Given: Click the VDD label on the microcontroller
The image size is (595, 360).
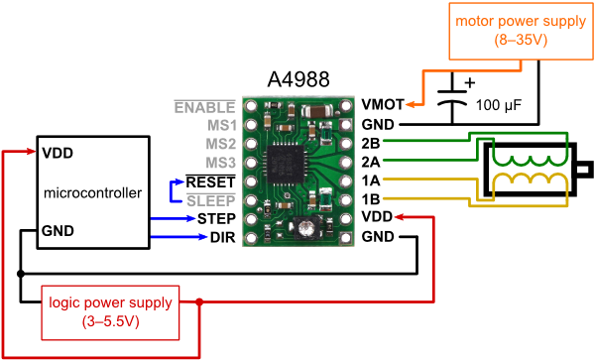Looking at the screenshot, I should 58,154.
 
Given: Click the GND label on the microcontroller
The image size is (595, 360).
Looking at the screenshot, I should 59,231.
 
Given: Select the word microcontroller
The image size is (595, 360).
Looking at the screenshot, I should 92,192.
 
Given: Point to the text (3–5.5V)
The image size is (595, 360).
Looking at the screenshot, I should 110,321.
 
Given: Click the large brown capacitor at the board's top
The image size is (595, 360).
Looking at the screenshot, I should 320,111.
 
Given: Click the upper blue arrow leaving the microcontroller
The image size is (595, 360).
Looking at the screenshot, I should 174,218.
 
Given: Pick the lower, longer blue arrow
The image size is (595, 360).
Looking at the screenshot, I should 179,237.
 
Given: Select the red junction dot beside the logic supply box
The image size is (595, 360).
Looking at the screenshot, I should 199,301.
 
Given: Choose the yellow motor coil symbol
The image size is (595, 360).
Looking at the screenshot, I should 532,184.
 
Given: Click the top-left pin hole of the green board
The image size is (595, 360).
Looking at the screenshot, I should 250,105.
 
